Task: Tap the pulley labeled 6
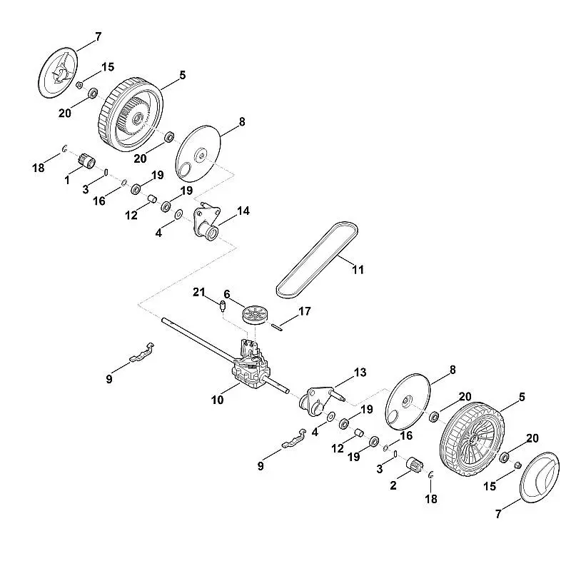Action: coord(253,314)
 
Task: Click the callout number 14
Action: coord(244,211)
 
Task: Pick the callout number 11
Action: coord(358,270)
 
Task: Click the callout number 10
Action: coord(218,400)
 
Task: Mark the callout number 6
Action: coord(227,293)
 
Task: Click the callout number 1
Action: coord(67,181)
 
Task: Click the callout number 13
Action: coord(360,373)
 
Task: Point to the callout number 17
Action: coord(305,311)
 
